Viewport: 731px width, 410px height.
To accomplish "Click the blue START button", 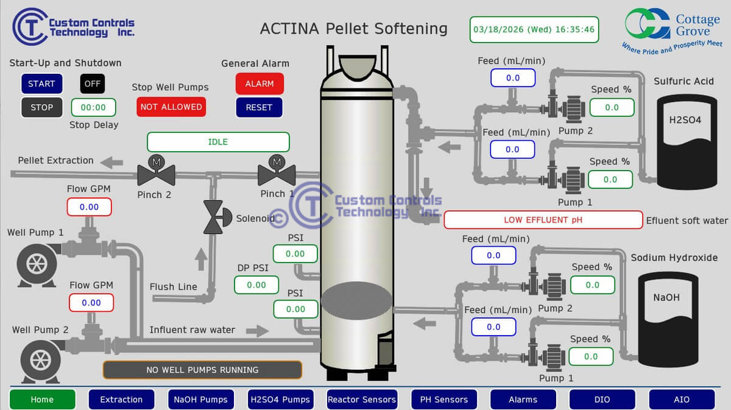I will click(x=41, y=83).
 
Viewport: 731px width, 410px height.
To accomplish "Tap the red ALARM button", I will click(x=260, y=83).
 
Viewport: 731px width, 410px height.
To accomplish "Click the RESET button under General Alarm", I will click(x=259, y=107).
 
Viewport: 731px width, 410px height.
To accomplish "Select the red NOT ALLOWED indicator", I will click(x=171, y=107).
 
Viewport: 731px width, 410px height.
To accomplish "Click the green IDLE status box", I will click(x=218, y=142).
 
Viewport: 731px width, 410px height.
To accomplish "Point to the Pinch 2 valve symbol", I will click(x=156, y=172).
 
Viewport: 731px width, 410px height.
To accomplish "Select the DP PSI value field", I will click(x=256, y=285).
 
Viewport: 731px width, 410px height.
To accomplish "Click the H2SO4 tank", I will click(x=685, y=139).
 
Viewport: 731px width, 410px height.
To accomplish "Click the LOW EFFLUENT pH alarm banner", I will click(x=543, y=220).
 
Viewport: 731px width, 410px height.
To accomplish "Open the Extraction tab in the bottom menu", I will click(x=121, y=400).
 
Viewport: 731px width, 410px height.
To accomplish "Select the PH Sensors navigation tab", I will click(x=444, y=400).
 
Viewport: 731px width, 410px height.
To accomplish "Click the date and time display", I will click(x=534, y=29).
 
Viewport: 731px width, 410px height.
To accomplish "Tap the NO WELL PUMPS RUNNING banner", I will click(x=202, y=370).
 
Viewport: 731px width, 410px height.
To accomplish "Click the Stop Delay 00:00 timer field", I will click(x=93, y=107).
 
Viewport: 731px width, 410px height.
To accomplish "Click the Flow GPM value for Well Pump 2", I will click(x=91, y=303).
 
